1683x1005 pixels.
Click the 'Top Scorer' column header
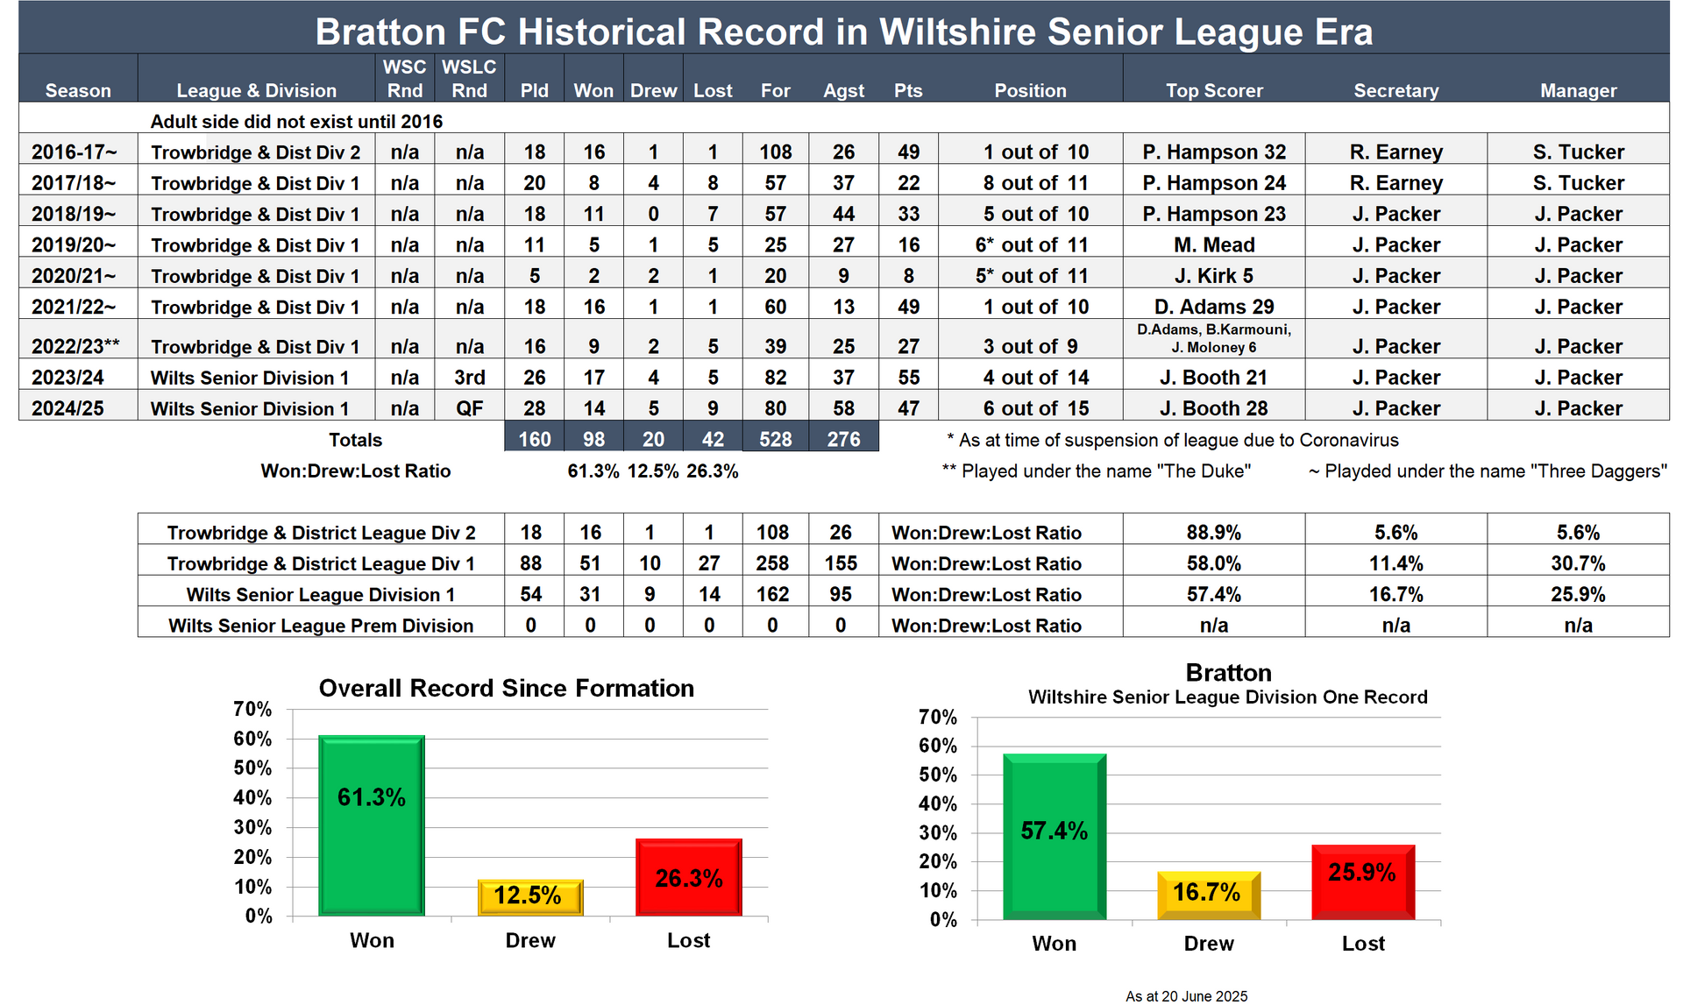click(x=1214, y=90)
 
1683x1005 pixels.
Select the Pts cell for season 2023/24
click(x=908, y=378)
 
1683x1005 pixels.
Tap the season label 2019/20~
click(x=74, y=245)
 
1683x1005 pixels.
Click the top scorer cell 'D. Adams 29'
click(x=1214, y=307)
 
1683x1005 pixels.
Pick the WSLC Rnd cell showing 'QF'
click(x=469, y=408)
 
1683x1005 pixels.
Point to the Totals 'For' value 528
click(x=775, y=439)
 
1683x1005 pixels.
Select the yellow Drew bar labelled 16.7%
click(x=1208, y=895)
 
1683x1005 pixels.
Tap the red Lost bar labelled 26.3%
click(x=689, y=877)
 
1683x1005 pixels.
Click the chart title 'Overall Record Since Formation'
click(x=506, y=688)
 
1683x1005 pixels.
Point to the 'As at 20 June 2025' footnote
click(x=1186, y=996)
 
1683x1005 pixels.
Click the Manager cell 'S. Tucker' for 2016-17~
click(x=1578, y=152)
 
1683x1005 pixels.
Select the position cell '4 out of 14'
click(x=1035, y=378)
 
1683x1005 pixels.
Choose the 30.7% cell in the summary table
click(x=1578, y=563)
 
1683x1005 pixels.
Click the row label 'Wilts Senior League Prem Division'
click(x=321, y=626)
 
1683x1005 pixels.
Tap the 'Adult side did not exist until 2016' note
click(x=296, y=122)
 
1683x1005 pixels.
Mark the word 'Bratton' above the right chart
click(x=1228, y=673)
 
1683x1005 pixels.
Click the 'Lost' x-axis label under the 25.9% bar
click(x=1363, y=944)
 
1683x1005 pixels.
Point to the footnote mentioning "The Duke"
click(x=1096, y=471)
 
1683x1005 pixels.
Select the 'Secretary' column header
click(x=1395, y=90)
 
